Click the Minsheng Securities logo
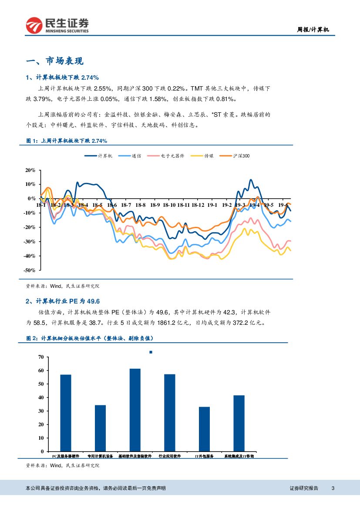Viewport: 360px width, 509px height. point(57,25)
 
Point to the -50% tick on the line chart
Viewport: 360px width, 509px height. point(30,270)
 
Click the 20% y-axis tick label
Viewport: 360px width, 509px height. point(30,170)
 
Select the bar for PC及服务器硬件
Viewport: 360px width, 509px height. point(66,413)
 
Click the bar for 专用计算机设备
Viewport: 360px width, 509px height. point(100,428)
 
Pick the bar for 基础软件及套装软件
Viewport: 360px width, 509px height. point(135,410)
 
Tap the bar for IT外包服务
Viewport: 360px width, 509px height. point(204,429)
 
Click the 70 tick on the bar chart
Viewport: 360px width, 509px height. point(40,357)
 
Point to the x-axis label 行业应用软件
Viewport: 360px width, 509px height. point(170,456)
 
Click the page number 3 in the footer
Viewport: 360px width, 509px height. point(333,488)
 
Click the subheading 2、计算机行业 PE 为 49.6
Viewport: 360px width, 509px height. point(63,301)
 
